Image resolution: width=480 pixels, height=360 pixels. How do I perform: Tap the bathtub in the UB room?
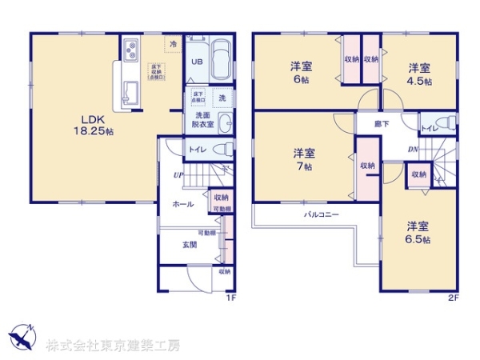click(219, 60)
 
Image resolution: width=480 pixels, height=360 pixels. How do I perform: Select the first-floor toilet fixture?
click(222, 149)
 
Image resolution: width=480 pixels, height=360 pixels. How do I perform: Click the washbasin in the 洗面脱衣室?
click(224, 123)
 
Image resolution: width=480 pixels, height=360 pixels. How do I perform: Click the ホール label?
click(183, 205)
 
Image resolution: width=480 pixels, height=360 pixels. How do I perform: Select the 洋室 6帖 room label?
click(302, 74)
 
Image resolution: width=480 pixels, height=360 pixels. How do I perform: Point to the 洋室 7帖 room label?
click(303, 159)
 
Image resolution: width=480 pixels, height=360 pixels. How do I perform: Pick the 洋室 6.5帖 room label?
click(417, 232)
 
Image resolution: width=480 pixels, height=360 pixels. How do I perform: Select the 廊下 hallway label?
click(382, 124)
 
